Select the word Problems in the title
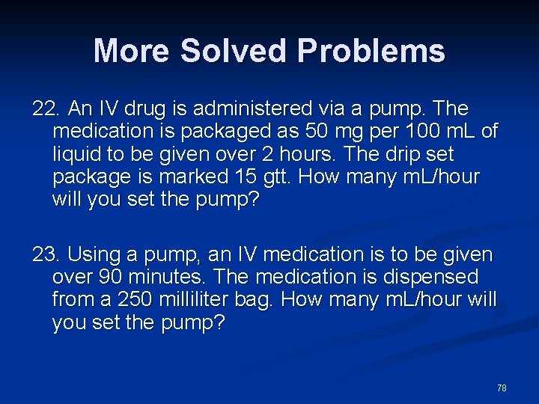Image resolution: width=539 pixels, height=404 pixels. [371, 51]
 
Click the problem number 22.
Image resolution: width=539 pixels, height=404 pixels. [45, 109]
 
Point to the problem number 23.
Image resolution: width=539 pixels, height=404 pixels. [45, 255]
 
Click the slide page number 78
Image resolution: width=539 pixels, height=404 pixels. [502, 388]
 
